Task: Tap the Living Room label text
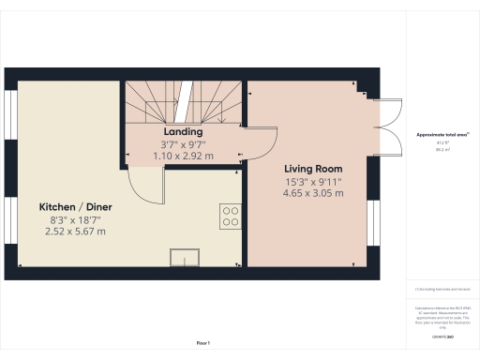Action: click(x=313, y=169)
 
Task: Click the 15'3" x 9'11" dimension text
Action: click(x=313, y=181)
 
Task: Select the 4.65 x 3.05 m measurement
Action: click(x=313, y=193)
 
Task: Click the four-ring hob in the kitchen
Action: click(x=230, y=217)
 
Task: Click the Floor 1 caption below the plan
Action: click(x=202, y=344)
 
